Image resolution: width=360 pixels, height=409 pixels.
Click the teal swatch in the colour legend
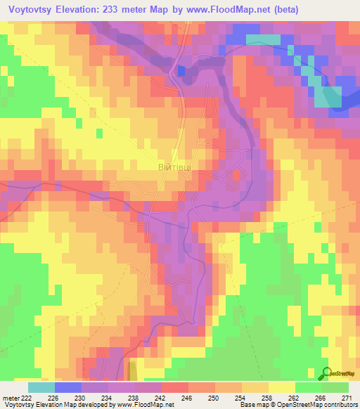(x=41, y=387)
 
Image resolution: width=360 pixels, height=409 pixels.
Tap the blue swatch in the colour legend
(x=67, y=387)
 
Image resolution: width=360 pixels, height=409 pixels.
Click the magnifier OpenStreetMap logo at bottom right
(x=325, y=372)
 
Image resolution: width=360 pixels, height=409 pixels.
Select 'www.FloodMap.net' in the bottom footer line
(x=144, y=405)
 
